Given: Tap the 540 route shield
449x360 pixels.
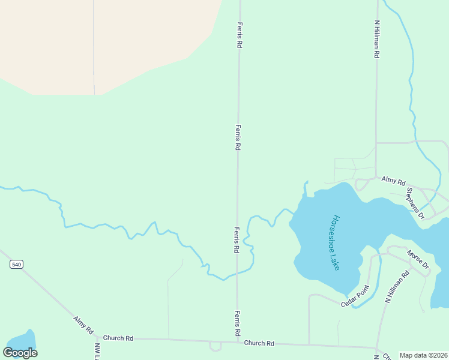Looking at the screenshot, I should (16, 264).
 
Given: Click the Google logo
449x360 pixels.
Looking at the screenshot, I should (20, 353).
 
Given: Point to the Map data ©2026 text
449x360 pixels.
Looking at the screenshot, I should (423, 355).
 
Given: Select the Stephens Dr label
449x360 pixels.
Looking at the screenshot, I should (415, 203).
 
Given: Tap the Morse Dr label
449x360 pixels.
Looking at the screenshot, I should (418, 259).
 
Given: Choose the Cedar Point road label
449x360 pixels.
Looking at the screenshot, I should (354, 297).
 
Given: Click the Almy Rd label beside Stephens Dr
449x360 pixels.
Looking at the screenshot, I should (394, 181).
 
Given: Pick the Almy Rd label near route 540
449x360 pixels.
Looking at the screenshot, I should (83, 325).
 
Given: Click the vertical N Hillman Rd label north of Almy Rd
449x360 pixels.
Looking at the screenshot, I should (377, 39).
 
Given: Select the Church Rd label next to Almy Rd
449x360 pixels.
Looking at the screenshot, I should (118, 338).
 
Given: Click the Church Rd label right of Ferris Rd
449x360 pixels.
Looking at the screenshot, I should (259, 343).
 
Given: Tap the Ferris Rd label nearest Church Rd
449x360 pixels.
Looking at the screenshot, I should (238, 323).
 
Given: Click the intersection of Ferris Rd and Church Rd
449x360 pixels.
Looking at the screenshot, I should (237, 341).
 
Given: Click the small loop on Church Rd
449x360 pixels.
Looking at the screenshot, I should (215, 346).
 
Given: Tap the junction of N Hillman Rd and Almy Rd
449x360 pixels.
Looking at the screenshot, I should (376, 178).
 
